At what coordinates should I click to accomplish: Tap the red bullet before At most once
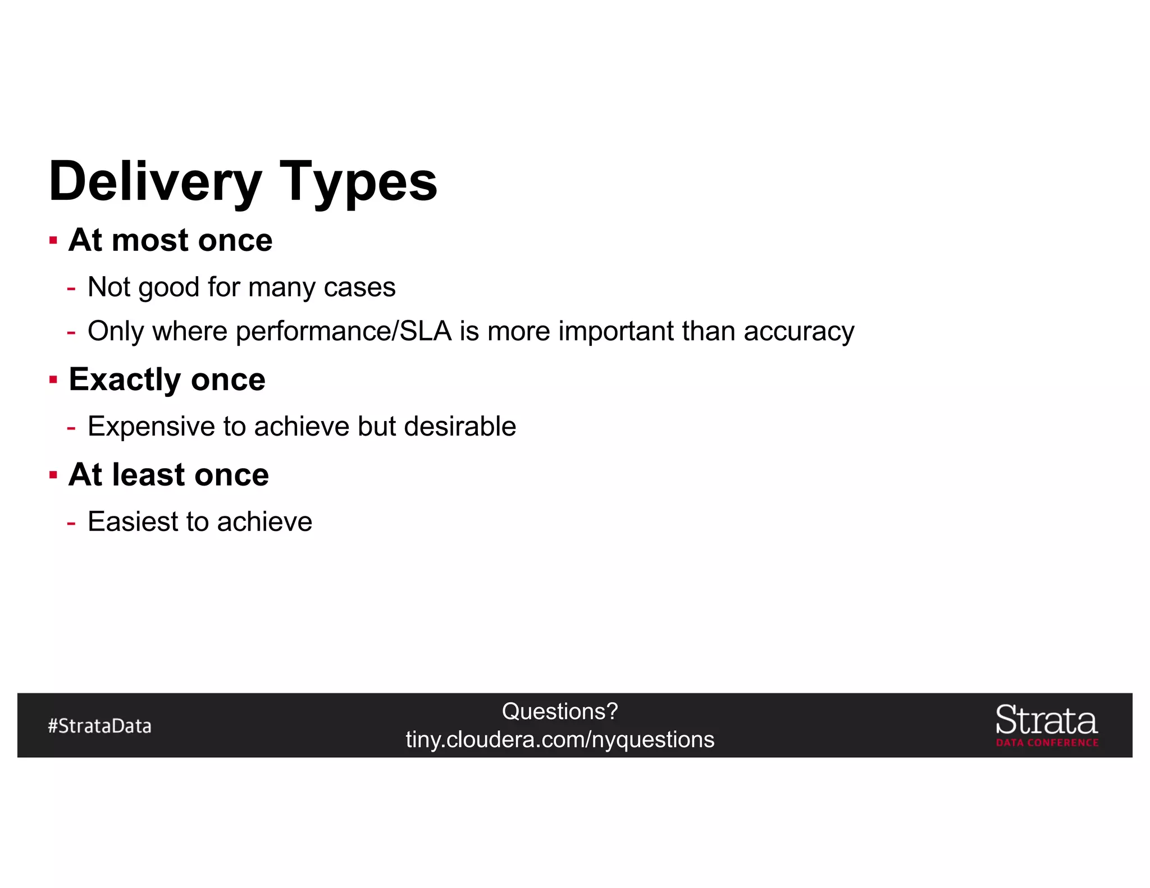53,241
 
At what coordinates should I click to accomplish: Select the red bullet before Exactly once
53,380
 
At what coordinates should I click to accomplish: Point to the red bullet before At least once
53,475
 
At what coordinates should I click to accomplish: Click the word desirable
460,426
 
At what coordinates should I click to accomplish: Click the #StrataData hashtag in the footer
99,726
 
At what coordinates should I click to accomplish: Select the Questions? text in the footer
560,711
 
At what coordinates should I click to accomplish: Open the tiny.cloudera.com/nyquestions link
560,740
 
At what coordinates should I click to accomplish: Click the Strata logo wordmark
1046,720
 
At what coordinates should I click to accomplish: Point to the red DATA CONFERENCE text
1047,743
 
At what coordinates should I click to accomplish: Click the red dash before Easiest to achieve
71,523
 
